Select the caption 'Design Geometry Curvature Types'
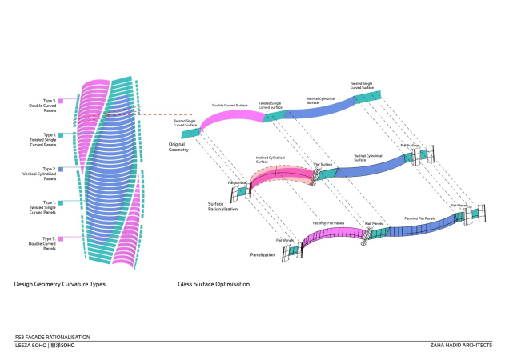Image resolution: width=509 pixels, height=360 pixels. coord(59,284)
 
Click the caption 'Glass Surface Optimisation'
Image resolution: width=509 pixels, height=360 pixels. coord(214,284)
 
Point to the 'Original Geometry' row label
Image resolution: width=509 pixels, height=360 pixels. coord(177,148)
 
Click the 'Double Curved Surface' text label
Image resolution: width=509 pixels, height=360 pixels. coord(229,105)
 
